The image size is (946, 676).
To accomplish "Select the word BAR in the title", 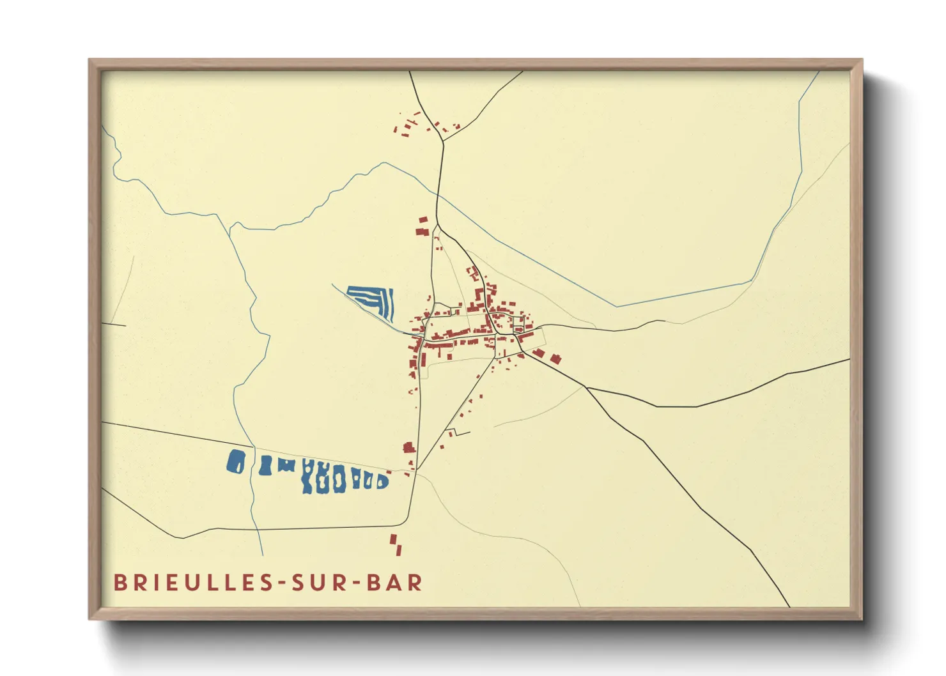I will coord(395,583).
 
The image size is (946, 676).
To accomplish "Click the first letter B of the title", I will coord(119,583).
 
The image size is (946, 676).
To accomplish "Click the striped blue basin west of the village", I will coord(373,300).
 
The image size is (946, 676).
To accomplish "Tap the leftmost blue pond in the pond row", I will coord(236,461).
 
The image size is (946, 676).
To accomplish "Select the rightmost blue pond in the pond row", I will coord(383,480).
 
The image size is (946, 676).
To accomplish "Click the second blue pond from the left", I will coord(265,466).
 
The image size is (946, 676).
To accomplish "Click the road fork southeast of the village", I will coord(587,388).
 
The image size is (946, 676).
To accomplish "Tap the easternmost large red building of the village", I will coord(555,359).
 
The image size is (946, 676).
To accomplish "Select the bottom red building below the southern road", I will coord(399,549).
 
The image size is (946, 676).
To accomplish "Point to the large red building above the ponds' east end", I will coord(408,447).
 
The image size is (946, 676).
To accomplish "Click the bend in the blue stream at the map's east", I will coord(752,281).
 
